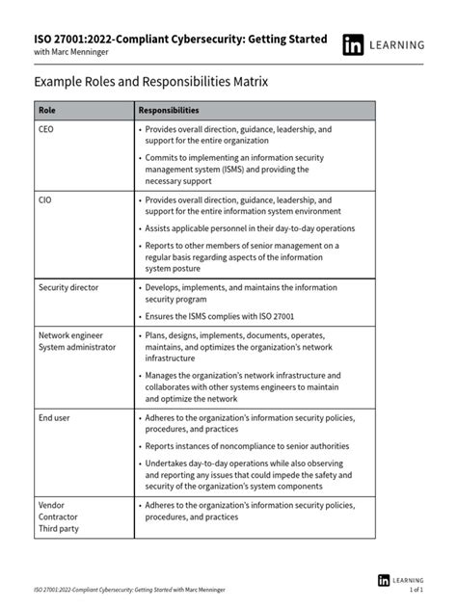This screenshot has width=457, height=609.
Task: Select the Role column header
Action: point(47,110)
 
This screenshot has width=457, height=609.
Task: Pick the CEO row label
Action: point(47,128)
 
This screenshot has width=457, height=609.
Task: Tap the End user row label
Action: point(55,418)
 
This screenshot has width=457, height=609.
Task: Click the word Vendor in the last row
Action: point(52,504)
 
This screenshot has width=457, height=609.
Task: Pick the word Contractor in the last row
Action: point(59,516)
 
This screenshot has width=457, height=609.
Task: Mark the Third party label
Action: point(60,529)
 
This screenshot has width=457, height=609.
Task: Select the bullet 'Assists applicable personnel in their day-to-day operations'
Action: point(250,228)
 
